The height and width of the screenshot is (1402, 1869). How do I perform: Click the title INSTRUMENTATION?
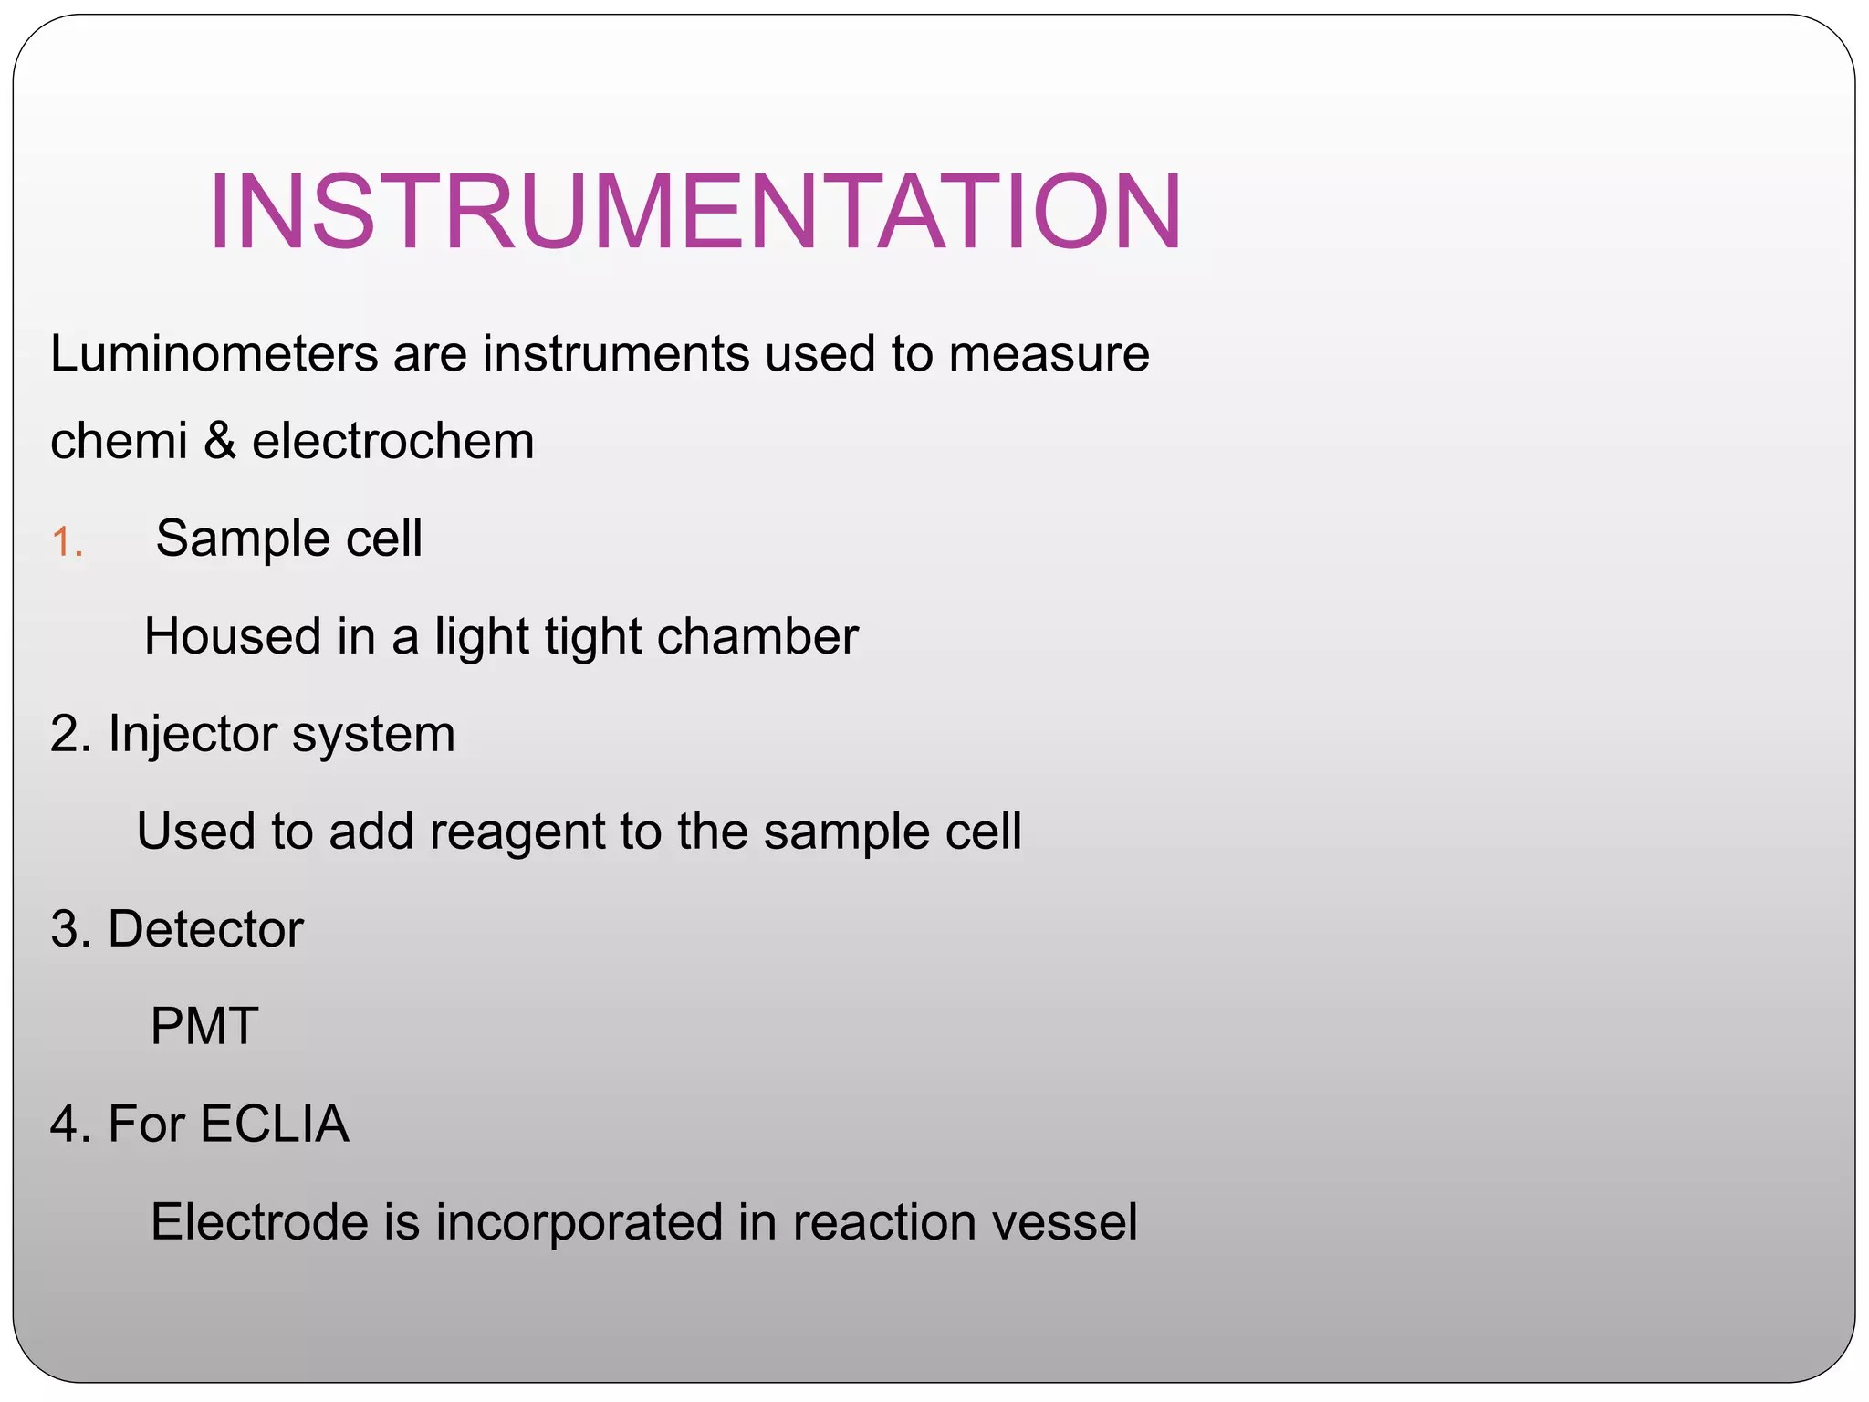tap(695, 212)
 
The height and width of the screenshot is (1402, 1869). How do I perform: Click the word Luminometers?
tap(214, 353)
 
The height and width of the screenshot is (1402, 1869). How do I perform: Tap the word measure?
tap(1049, 355)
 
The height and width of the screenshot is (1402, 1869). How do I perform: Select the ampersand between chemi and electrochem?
tap(219, 441)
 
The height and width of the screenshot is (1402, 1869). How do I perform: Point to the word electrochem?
tap(392, 441)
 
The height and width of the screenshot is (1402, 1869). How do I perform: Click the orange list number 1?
tap(67, 542)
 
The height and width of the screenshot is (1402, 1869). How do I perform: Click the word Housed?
tap(233, 635)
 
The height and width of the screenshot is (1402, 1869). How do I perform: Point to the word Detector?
tap(205, 929)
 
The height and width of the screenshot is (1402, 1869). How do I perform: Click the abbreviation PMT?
tap(204, 1026)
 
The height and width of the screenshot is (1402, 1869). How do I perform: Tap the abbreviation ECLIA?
tap(275, 1124)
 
